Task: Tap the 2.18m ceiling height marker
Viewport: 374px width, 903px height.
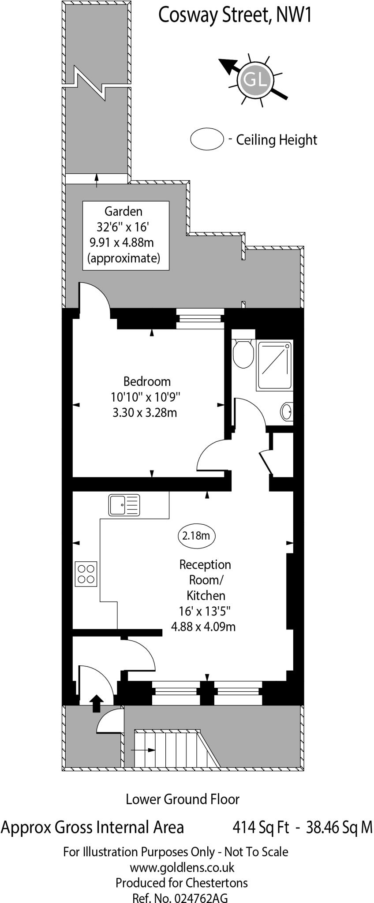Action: coord(196,536)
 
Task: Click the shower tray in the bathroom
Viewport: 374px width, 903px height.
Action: coord(274,365)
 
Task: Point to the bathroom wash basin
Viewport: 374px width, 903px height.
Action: coord(286,411)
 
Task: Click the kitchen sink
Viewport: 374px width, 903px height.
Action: coord(124,505)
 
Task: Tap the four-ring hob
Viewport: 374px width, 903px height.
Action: coord(86,574)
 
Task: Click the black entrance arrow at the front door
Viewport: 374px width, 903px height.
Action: coord(96,702)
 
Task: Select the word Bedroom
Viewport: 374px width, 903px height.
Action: coord(147,381)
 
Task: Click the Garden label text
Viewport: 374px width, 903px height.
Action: coord(123,211)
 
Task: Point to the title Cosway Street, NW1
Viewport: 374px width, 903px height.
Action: coord(235,16)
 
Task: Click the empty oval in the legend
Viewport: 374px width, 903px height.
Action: coord(207,139)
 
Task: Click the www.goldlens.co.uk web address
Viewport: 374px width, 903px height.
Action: coord(182,868)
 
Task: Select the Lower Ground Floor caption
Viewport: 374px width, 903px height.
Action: coord(183,799)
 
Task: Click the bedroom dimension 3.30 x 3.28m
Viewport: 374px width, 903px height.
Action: coord(145,413)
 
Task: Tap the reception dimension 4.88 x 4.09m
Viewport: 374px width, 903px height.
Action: coord(203,626)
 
